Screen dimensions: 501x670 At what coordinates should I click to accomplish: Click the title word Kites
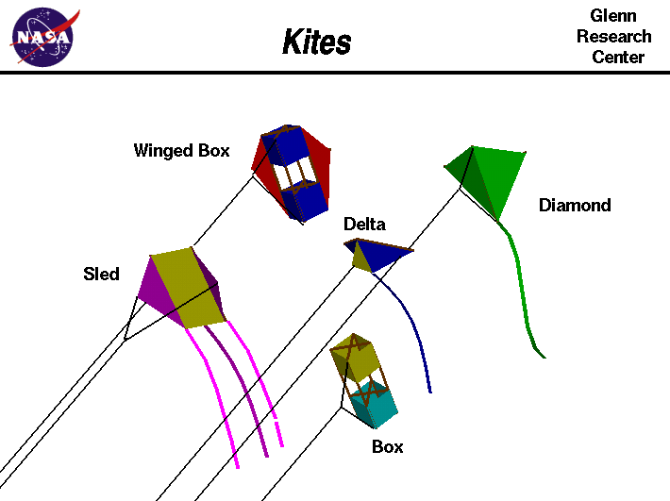click(317, 42)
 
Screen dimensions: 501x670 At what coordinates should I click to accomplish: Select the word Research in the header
click(614, 37)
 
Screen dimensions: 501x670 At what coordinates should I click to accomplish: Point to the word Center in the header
click(618, 58)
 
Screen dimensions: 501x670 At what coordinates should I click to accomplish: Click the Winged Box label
click(181, 150)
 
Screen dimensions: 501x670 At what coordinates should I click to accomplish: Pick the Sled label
click(101, 275)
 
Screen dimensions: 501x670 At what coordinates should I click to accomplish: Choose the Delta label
click(364, 224)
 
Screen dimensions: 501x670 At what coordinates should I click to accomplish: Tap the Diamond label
click(575, 205)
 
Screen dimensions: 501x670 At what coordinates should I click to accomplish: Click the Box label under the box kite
click(387, 446)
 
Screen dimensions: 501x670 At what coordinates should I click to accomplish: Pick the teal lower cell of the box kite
click(375, 408)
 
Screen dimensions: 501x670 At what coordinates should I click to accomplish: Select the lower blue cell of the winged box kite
click(304, 200)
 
